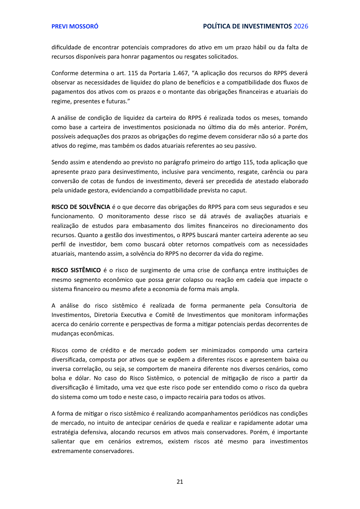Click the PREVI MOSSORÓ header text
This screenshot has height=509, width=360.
coord(75,26)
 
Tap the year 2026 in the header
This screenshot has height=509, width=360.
coord(301,26)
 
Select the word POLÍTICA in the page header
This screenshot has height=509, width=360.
coord(216,26)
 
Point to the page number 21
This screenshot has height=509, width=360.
coord(180,482)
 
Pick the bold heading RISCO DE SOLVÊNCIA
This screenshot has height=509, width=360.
coord(81,207)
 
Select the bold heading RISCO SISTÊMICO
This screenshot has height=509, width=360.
coord(76,270)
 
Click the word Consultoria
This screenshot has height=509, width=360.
coord(281,306)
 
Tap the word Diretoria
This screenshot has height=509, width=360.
coord(106,315)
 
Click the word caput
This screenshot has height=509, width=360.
coord(238,190)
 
